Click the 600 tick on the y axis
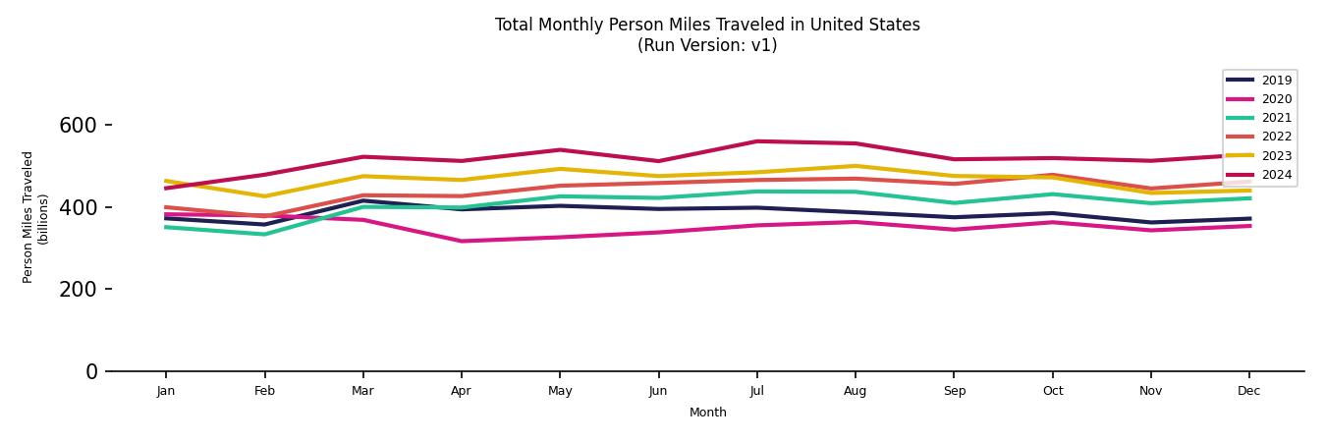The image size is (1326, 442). point(79,126)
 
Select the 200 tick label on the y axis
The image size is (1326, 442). point(79,290)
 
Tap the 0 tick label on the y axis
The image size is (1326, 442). point(91,371)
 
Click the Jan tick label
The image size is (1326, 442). point(166,391)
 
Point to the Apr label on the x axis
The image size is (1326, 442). point(461,391)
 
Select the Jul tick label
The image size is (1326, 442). point(756,391)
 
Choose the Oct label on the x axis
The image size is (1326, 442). point(1052,391)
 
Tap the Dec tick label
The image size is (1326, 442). point(1248,391)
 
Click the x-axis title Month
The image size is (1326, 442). point(707,413)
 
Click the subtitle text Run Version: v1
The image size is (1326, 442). point(707,45)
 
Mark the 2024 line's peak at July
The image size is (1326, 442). point(756,141)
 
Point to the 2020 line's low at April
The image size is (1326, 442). point(461,241)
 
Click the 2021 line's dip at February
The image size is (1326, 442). point(264,234)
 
